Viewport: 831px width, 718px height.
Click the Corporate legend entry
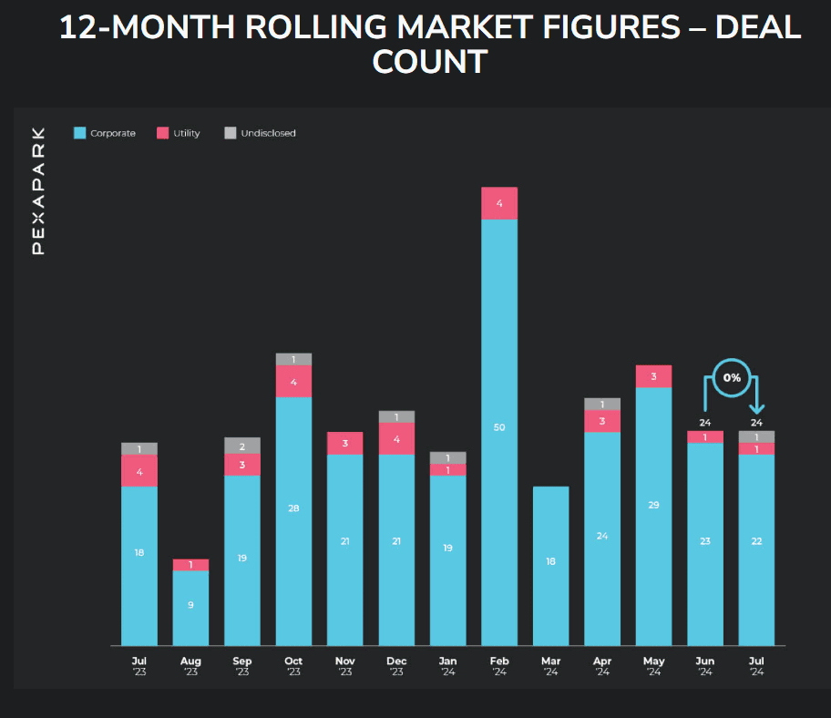(x=105, y=133)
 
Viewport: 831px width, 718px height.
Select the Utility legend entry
(x=179, y=133)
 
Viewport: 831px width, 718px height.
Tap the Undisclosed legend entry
(x=261, y=133)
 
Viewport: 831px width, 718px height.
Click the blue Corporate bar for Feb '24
(x=499, y=433)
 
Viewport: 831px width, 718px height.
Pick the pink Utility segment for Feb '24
(x=499, y=203)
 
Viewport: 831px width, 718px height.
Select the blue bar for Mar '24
(x=550, y=566)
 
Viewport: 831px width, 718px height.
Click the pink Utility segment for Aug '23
(x=190, y=565)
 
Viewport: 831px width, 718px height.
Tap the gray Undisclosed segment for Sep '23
(x=242, y=446)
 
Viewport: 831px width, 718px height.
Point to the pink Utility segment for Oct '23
(x=293, y=382)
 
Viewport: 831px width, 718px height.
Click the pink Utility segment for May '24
(x=653, y=376)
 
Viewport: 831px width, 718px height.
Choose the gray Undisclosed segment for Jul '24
(x=756, y=437)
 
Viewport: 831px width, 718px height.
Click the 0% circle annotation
(x=732, y=378)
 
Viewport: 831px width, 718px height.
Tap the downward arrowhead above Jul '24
(x=756, y=408)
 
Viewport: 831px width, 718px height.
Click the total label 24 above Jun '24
(x=705, y=423)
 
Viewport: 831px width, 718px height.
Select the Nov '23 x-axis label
(x=345, y=666)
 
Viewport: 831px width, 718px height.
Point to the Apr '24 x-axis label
(x=602, y=666)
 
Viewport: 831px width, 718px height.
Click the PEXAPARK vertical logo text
(x=38, y=190)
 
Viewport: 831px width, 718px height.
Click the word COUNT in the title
(x=430, y=61)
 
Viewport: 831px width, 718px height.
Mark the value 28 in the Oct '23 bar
(x=293, y=508)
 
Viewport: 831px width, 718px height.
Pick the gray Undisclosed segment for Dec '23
(x=396, y=417)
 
